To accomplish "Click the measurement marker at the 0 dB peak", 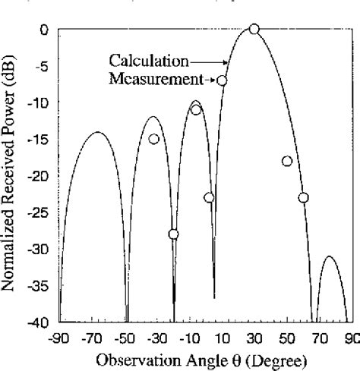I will click(254, 29).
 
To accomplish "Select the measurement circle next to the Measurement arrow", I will click(222, 80).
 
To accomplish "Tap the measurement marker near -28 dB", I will click(173, 234).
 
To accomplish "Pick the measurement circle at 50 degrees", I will click(286, 161).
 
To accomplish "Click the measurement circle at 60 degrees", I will click(303, 197).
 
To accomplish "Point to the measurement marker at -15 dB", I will click(153, 139).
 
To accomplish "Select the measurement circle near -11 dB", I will click(196, 110).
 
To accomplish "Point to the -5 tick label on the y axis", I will click(43, 66).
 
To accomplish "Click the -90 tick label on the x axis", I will click(59, 338).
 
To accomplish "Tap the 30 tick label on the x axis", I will click(254, 338).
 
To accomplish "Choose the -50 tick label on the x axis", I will click(124, 338).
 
